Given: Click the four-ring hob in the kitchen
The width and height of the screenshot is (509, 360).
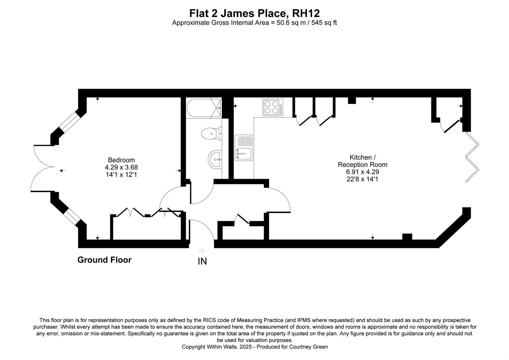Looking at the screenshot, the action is tap(273, 107).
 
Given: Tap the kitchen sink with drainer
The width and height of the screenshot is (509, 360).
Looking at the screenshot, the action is tap(244, 148).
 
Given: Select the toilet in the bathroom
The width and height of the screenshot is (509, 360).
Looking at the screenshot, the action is tap(211, 133).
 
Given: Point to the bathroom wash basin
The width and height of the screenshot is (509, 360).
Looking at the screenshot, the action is tap(215, 159).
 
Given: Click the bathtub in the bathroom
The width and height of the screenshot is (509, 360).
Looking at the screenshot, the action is tap(204, 108).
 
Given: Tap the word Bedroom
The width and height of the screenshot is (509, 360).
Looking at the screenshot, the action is tap(121, 160).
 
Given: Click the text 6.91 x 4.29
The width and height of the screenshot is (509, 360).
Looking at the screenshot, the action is tap(362, 172).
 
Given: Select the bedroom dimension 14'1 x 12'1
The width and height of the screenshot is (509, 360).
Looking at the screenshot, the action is tap(121, 175).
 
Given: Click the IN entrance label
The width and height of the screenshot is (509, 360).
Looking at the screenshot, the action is tap(202, 262).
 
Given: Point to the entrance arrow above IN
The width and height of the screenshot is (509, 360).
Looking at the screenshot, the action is tap(202, 251).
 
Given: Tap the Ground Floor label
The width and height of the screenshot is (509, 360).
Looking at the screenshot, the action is tap(104, 260).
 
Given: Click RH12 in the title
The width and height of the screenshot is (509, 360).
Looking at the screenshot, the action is tap(306, 13).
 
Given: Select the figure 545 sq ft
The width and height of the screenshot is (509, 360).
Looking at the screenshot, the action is tap(324, 23).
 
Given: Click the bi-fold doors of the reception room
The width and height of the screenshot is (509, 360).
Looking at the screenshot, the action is tap(473, 157).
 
